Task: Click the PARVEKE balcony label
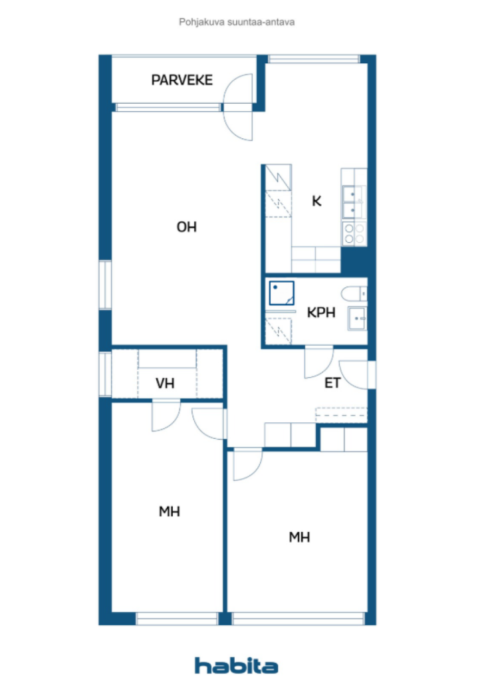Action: point(182,80)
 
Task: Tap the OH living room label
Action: point(187,227)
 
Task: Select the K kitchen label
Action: point(317,201)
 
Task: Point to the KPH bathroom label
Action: point(321,313)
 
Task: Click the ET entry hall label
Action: point(332,382)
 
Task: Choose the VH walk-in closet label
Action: point(165,383)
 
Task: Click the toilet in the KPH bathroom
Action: point(354,294)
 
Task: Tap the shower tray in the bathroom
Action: point(282,293)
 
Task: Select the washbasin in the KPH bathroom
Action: point(357,319)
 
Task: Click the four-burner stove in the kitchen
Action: point(354,233)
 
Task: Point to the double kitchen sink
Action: point(354,202)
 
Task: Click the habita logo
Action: point(237,665)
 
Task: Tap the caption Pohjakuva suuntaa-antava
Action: point(237,22)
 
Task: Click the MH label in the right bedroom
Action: point(300,537)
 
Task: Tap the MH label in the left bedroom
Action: point(170,511)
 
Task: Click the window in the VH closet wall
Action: point(105,374)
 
